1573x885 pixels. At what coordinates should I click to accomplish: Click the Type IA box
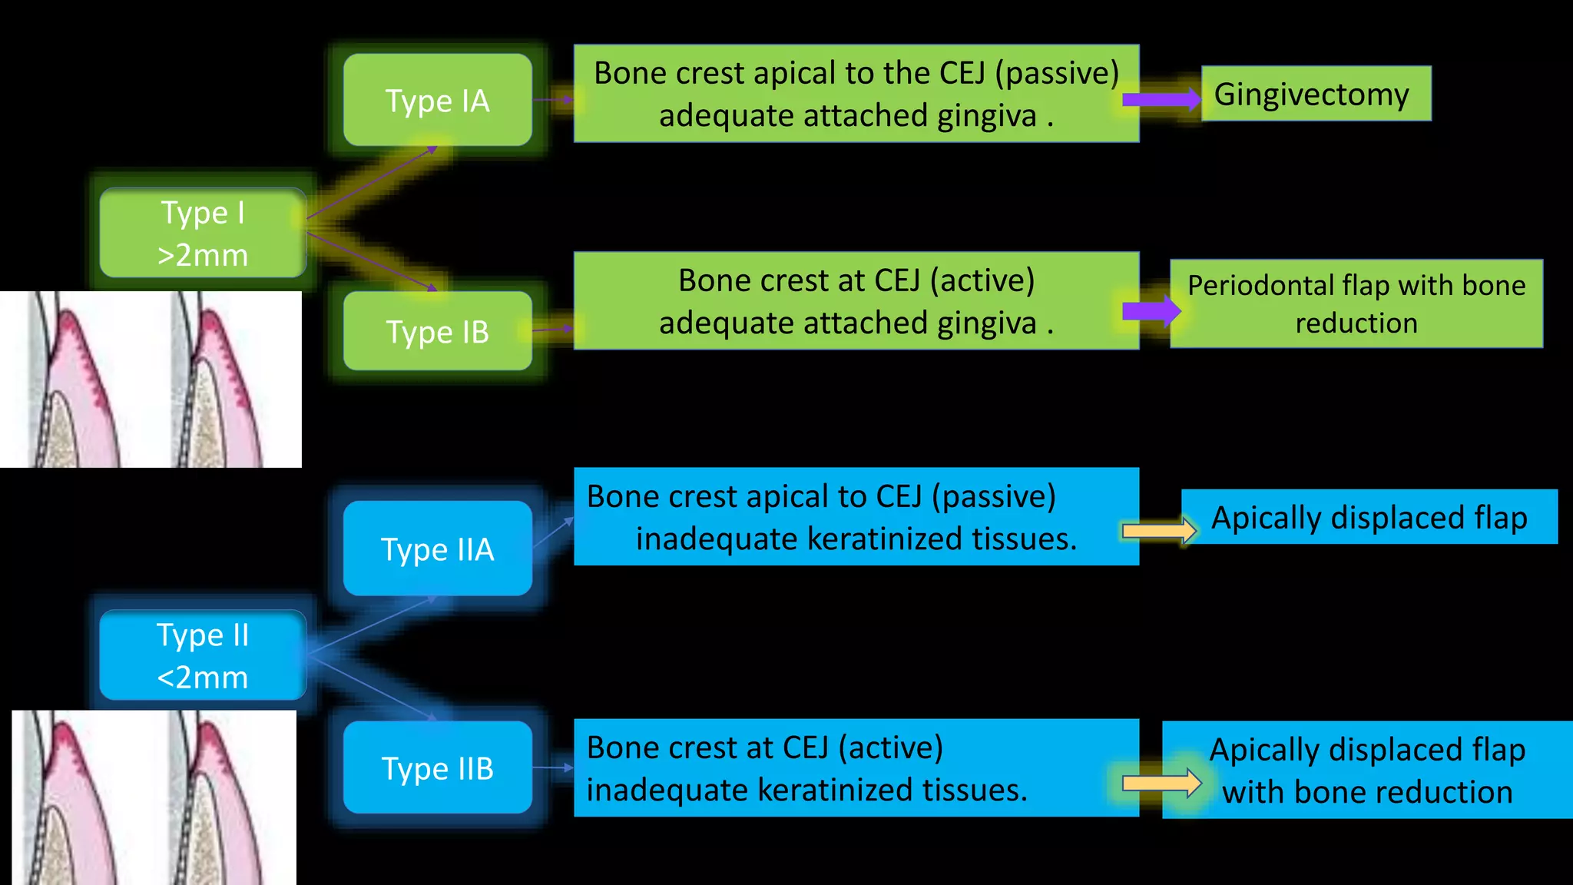[x=437, y=100]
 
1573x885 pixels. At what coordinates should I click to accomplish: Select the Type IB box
[x=437, y=331]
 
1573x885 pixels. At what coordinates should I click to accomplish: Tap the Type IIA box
[x=437, y=549]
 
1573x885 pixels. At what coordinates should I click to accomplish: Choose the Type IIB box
[x=437, y=767]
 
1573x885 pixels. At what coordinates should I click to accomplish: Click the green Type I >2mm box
[x=203, y=233]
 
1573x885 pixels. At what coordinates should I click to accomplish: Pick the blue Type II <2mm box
[x=203, y=655]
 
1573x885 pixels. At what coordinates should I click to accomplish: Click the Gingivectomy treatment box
[x=1316, y=94]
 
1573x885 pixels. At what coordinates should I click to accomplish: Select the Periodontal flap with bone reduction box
[x=1356, y=303]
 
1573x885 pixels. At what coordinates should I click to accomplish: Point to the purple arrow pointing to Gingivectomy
[x=1161, y=99]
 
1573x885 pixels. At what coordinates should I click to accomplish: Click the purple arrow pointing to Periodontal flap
[x=1151, y=310]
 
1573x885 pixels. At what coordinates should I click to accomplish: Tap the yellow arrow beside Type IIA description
[x=1159, y=530]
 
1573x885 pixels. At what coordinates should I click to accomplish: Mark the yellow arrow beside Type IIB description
[x=1161, y=783]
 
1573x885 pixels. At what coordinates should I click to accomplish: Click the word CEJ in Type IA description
[x=962, y=73]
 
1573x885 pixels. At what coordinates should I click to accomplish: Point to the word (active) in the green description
[x=982, y=280]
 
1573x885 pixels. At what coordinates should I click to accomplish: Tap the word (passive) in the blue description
[x=994, y=496]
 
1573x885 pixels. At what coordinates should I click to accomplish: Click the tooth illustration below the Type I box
[x=151, y=380]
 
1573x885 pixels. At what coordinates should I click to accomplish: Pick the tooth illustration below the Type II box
[x=154, y=797]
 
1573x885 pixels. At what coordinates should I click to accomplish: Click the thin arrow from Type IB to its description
[x=553, y=330]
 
